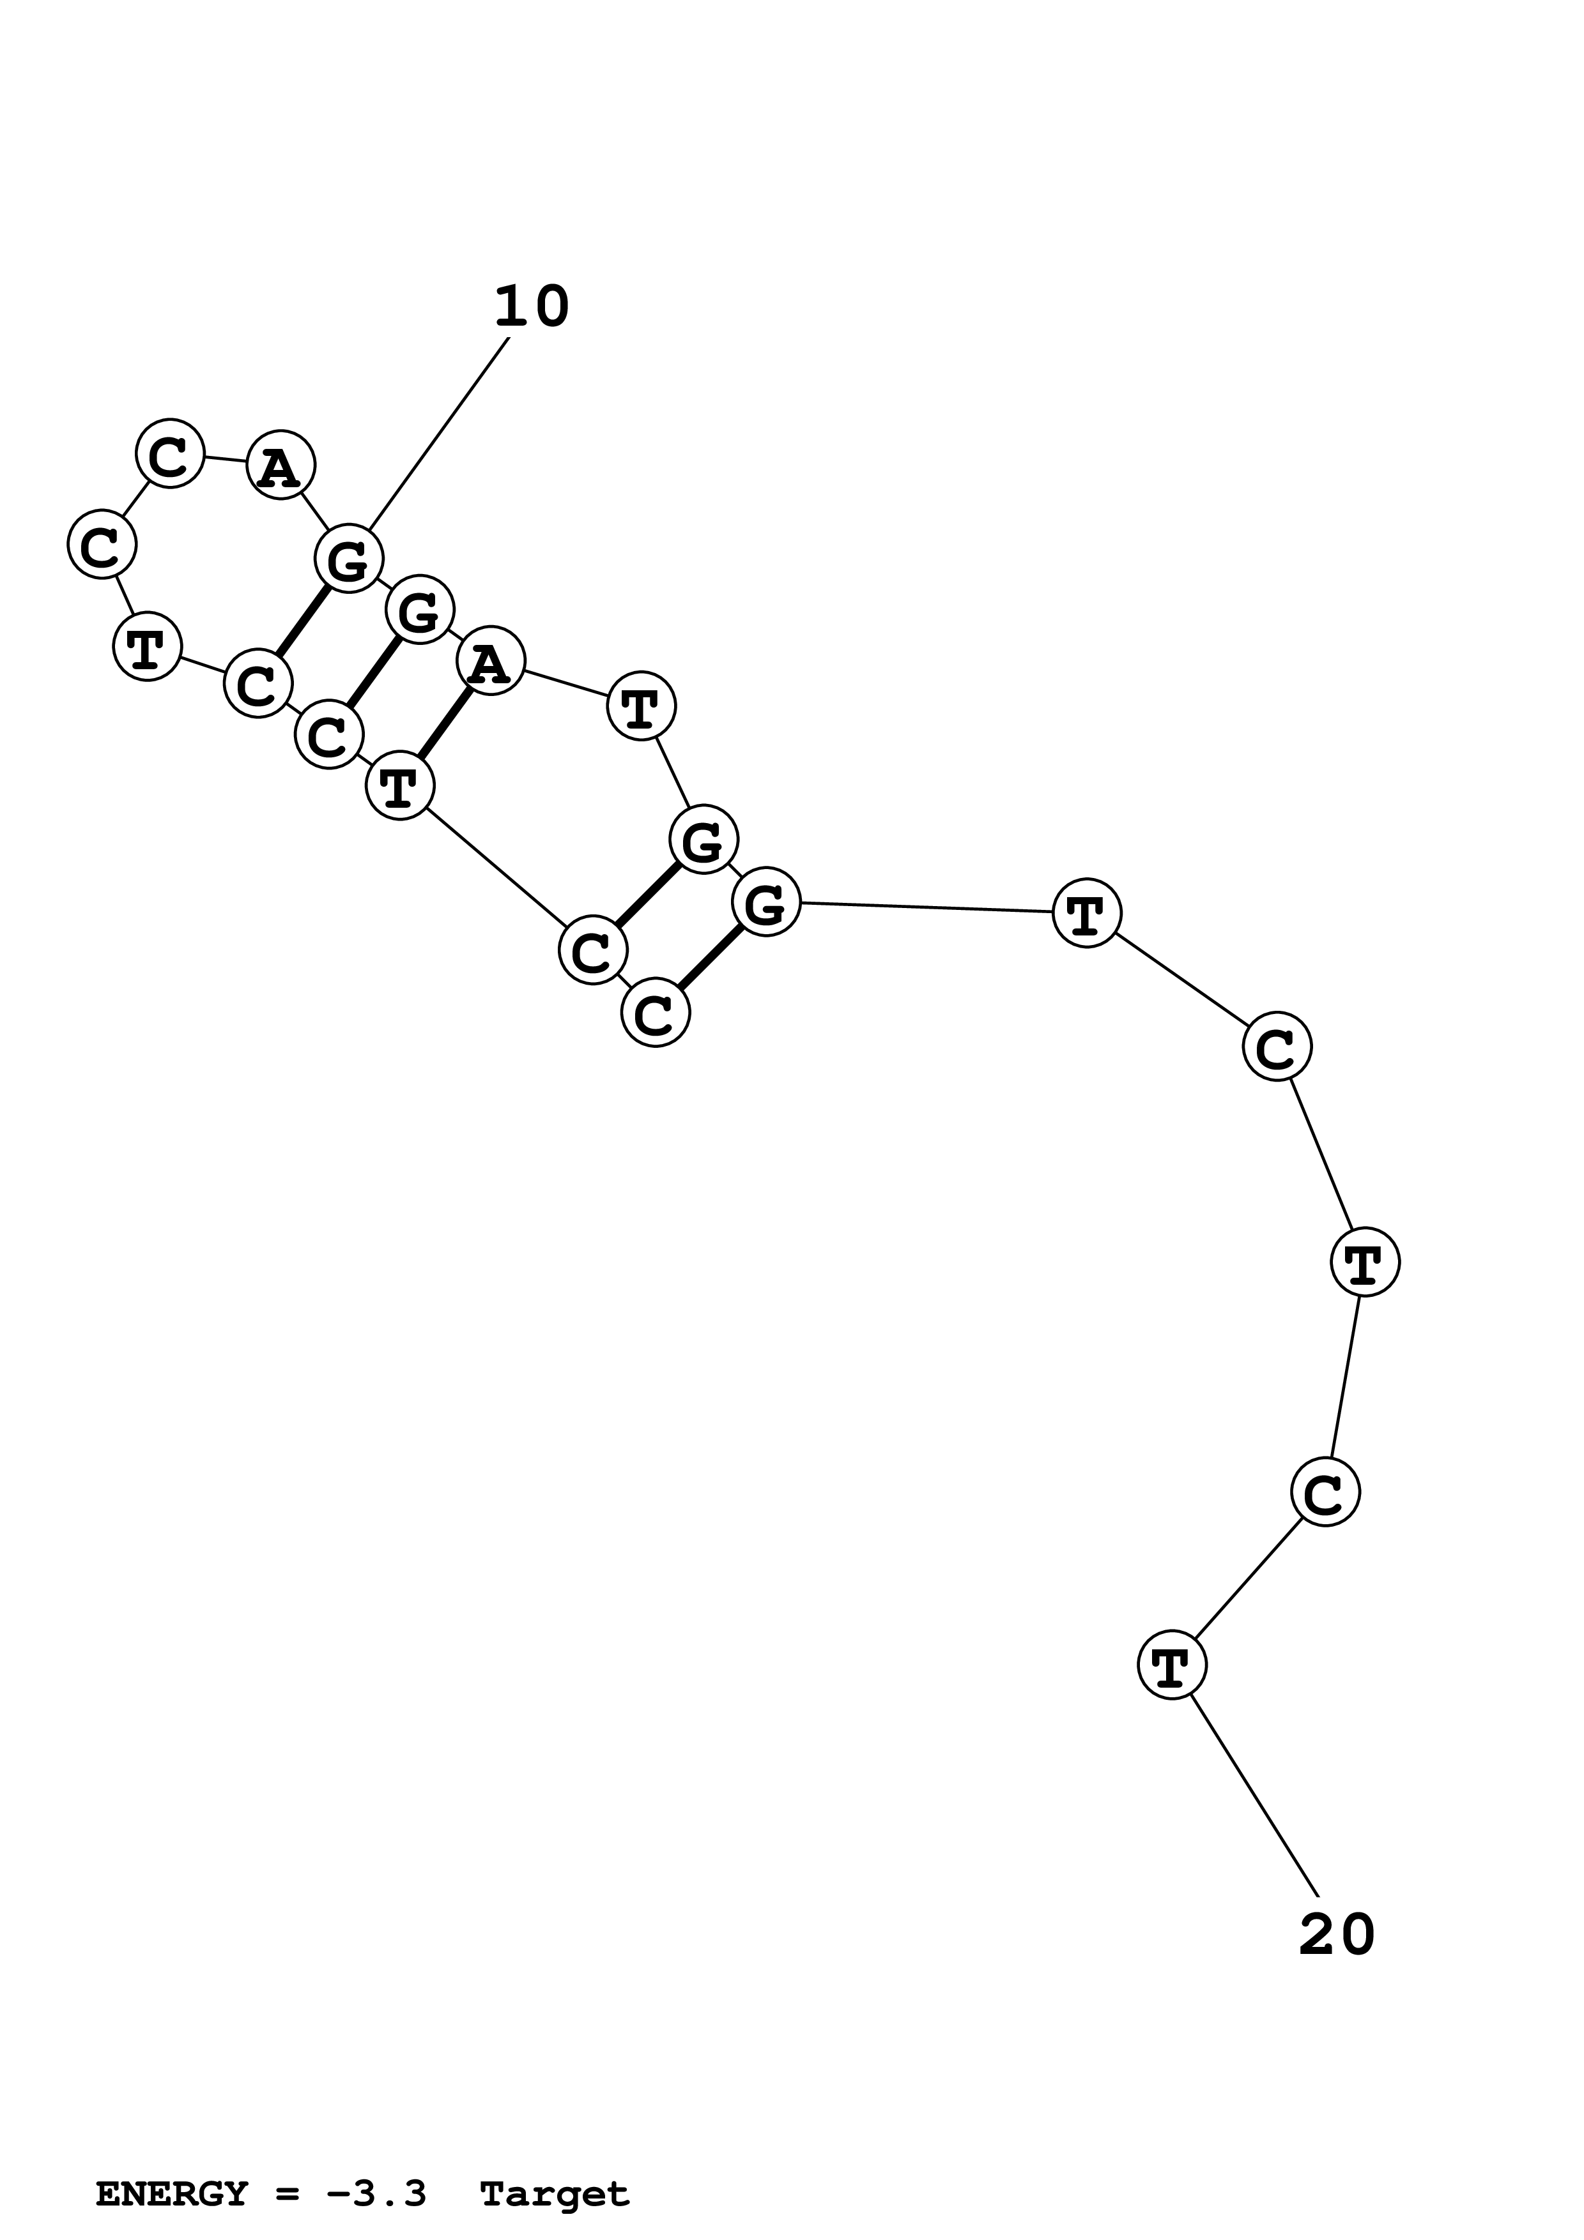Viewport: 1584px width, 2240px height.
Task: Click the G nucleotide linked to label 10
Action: pos(348,559)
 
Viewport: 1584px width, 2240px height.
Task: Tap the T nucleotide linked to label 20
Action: pos(1172,1665)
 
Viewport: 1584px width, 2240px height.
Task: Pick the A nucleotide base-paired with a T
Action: pos(491,662)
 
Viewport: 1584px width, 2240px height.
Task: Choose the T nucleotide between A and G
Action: pos(642,708)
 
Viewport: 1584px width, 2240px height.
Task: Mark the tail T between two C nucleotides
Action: pos(1364,1262)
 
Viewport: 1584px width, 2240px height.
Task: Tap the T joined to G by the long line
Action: pos(1086,913)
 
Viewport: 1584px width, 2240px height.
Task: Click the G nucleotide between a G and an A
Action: pos(420,612)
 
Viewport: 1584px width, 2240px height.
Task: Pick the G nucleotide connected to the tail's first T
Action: pos(766,902)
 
